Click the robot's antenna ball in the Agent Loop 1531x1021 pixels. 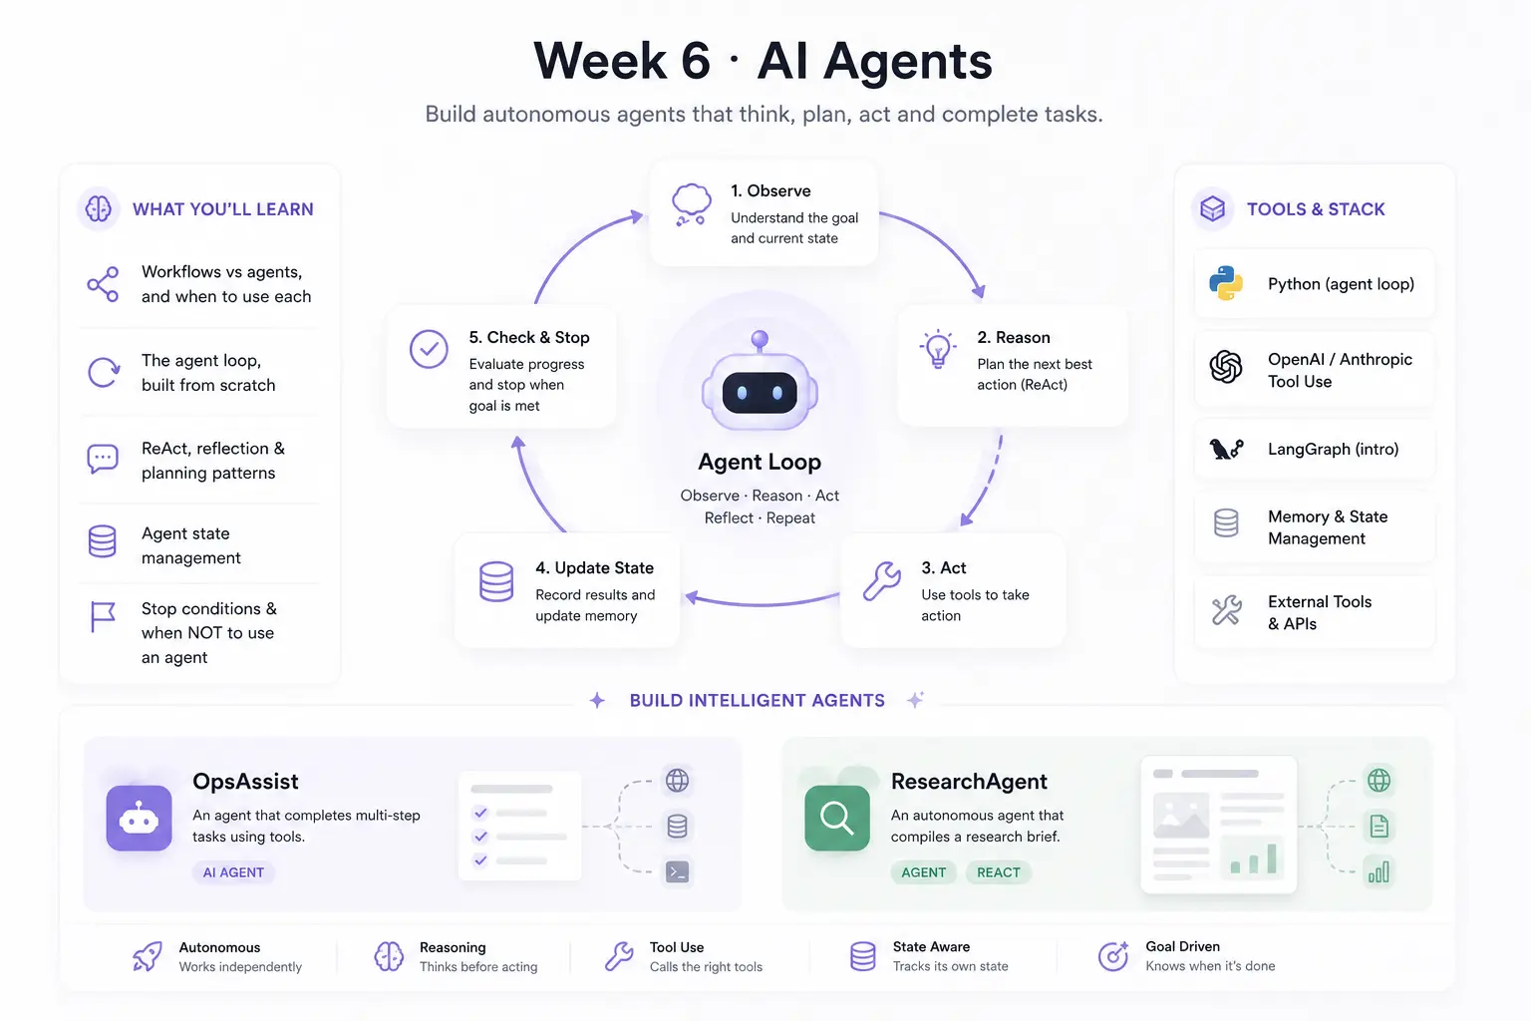pyautogui.click(x=760, y=339)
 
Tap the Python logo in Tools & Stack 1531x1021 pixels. pyautogui.click(x=1225, y=283)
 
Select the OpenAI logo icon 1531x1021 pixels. pyautogui.click(x=1225, y=367)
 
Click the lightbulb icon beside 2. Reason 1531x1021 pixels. pyautogui.click(x=938, y=349)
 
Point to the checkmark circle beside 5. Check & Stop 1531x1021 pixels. pyautogui.click(x=429, y=349)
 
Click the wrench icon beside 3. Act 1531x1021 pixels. pyautogui.click(x=882, y=581)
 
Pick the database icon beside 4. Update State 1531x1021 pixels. pyautogui.click(x=496, y=581)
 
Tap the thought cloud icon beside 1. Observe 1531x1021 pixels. pyautogui.click(x=691, y=203)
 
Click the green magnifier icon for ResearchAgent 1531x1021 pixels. pyautogui.click(x=836, y=818)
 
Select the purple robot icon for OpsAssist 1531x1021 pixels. pyautogui.click(x=139, y=818)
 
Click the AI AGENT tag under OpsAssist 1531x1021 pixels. pyautogui.click(x=233, y=872)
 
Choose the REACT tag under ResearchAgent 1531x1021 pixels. pyautogui.click(x=998, y=872)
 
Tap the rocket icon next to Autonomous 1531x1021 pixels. pyautogui.click(x=148, y=955)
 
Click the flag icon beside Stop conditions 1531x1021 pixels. pyautogui.click(x=103, y=617)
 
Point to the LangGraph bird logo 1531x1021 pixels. pyautogui.click(x=1226, y=449)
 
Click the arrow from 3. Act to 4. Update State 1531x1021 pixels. pyautogui.click(x=763, y=604)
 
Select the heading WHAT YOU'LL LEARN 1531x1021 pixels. pyautogui.click(x=223, y=209)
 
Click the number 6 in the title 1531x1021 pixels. pyautogui.click(x=696, y=61)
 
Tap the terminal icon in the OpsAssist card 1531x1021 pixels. pyautogui.click(x=678, y=871)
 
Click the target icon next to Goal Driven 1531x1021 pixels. pyautogui.click(x=1113, y=955)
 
